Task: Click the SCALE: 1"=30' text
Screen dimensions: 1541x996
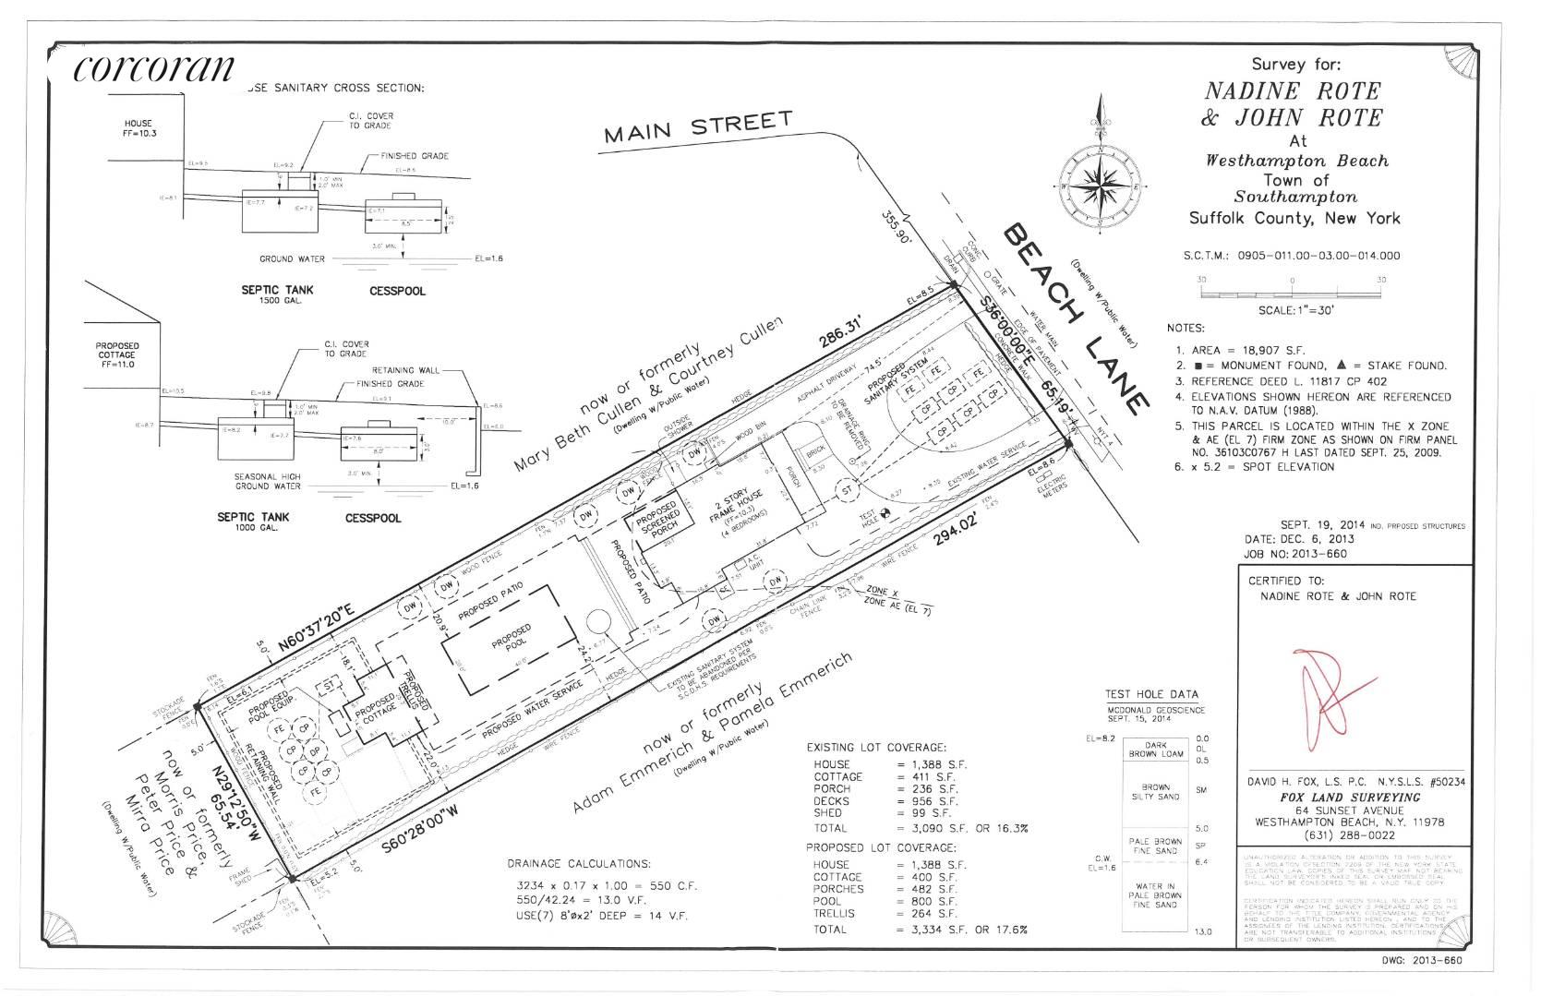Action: coord(1295,310)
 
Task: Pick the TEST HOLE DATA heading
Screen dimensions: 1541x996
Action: coord(1152,694)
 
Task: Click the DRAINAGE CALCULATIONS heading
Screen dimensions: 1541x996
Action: coord(579,864)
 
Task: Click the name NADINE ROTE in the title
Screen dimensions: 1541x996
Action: coord(1292,91)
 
